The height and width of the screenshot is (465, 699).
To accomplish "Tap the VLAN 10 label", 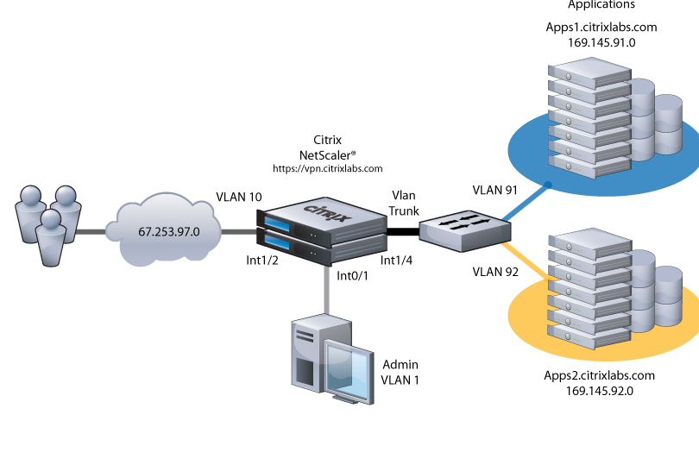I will point(238,197).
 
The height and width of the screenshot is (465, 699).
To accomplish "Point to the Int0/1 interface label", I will point(352,278).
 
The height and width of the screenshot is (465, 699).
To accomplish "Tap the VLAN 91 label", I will point(494,190).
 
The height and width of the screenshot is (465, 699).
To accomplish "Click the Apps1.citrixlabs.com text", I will point(601,27).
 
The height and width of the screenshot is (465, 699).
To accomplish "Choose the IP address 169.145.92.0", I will point(600,391).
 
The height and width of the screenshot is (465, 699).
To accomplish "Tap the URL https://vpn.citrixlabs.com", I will point(327,169).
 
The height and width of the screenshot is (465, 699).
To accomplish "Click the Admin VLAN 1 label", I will point(400,372).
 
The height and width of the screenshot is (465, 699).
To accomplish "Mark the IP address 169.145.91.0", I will point(601,42).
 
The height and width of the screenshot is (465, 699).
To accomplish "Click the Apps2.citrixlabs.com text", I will point(600,375).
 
